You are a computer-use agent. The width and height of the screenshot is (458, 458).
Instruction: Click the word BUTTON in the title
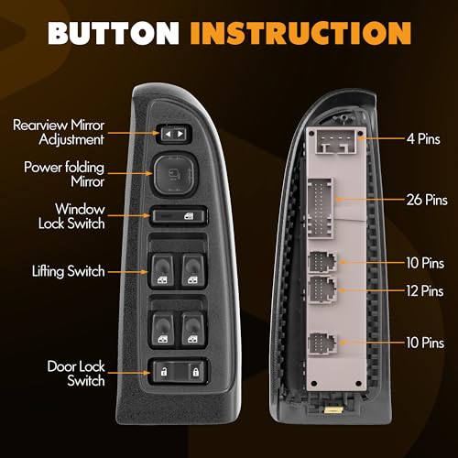pos(113,33)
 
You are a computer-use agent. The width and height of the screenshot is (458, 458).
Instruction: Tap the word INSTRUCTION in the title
pos(300,33)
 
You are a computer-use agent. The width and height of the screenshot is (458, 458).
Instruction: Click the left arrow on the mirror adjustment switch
pos(168,134)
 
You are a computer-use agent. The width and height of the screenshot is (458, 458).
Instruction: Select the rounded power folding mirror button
pos(175,174)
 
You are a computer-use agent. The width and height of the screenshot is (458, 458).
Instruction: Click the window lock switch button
pos(179,216)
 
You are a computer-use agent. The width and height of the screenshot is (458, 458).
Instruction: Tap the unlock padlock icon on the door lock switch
pos(164,372)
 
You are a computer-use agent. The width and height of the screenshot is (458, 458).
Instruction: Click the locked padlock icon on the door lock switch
pos(195,372)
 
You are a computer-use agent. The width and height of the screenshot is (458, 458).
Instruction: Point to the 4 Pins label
pos(423,139)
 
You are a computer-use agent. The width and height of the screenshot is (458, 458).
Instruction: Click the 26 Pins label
pos(427,200)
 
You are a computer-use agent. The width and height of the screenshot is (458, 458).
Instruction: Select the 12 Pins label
pos(425,290)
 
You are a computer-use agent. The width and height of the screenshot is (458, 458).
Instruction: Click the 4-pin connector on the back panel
pos(336,141)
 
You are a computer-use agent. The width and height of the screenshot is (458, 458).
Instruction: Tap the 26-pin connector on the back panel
pos(321,208)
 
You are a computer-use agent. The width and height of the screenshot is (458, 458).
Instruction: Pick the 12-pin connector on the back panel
pos(322,289)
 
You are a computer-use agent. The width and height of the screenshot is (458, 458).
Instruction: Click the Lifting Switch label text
pos(69,271)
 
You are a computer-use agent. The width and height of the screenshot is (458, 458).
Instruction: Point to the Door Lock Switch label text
pos(76,374)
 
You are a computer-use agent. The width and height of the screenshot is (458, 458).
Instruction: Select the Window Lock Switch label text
pos(71,216)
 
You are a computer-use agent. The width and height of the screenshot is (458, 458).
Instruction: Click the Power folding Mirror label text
pos(64,174)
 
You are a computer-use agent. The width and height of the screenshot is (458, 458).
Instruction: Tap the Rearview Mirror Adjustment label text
pos(59,132)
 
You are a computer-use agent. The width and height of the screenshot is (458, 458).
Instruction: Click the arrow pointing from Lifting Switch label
pos(127,271)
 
